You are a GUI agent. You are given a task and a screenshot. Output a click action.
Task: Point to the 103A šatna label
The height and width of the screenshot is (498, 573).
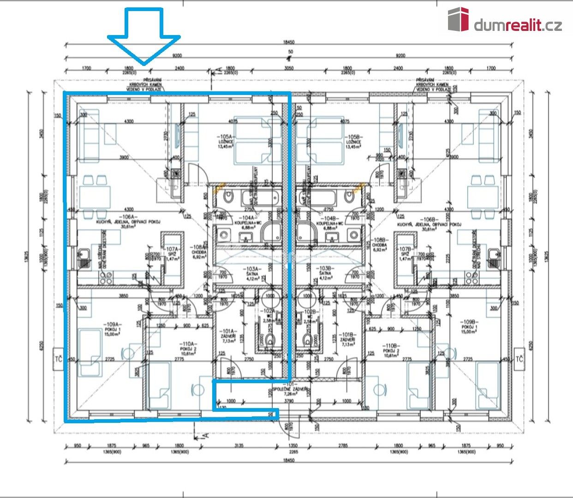[252, 273]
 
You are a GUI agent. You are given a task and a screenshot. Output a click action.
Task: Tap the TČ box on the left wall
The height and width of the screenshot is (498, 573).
[58, 359]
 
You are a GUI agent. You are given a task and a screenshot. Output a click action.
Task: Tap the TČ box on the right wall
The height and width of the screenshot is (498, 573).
[519, 359]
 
